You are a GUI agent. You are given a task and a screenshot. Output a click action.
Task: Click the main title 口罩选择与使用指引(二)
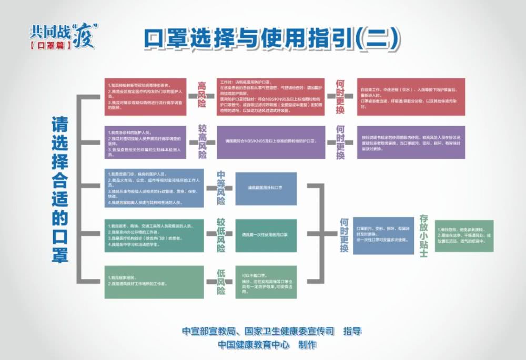pos(271,39)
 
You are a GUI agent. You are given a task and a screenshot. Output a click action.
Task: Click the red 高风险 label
pos(201,96)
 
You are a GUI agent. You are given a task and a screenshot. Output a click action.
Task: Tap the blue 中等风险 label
pos(221,188)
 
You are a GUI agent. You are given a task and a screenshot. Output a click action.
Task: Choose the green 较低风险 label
pos(221,234)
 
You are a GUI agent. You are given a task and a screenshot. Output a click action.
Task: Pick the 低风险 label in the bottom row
pos(221,282)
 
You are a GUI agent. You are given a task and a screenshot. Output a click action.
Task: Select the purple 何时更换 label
pos(340,142)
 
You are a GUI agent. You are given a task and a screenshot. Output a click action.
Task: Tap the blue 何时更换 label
pos(343,235)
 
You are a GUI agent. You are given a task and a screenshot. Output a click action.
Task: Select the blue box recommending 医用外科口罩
pos(266,188)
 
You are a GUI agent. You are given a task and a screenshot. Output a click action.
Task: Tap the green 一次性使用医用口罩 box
pos(266,235)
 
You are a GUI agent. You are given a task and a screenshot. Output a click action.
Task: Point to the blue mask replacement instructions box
pos(383,235)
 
